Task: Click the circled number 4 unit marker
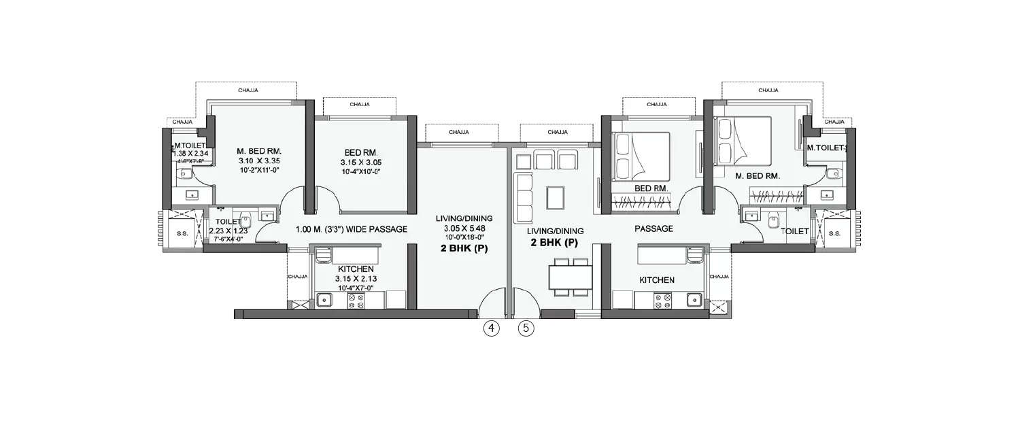[x=491, y=328]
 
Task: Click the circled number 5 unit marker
[x=526, y=328]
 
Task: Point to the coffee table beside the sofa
[x=555, y=197]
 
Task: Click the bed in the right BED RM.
[x=641, y=156]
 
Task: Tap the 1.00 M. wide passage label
[x=352, y=229]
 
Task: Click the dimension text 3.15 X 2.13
[x=352, y=279]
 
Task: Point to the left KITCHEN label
[x=352, y=269]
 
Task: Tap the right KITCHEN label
[x=656, y=280]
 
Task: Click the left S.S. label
[x=182, y=233]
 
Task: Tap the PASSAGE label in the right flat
[x=653, y=228]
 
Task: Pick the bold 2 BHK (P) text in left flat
[x=464, y=249]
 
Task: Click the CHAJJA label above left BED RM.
[x=360, y=105]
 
